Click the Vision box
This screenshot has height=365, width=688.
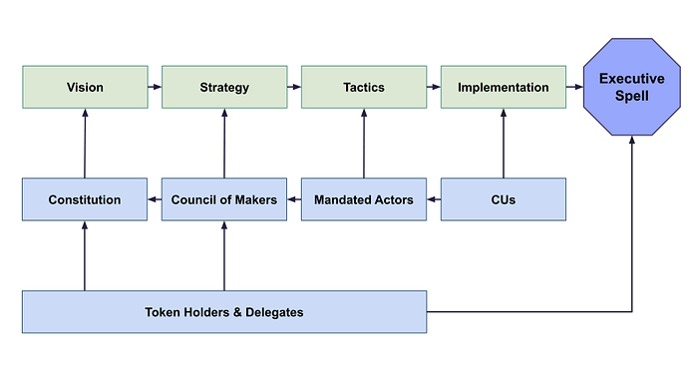point(85,87)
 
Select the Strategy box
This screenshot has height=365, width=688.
point(224,87)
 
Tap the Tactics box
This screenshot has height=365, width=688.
point(364,87)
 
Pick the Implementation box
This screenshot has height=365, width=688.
point(504,87)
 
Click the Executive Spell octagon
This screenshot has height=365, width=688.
point(632,87)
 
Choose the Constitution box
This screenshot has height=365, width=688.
point(85,199)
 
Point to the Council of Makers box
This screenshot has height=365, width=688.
point(224,199)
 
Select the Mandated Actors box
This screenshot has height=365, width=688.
point(364,199)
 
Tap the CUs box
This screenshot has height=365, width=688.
point(504,199)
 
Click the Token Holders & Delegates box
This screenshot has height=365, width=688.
point(224,312)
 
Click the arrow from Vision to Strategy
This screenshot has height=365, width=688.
point(155,87)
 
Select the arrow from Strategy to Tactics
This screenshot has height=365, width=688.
point(294,87)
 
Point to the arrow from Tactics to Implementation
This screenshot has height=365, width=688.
point(434,87)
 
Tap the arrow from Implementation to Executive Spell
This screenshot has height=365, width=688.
point(574,87)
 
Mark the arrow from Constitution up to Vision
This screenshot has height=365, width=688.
point(85,144)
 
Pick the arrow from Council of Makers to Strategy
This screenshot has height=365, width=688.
point(224,144)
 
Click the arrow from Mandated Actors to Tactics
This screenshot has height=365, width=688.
point(364,144)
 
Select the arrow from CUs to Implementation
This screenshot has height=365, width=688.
point(504,144)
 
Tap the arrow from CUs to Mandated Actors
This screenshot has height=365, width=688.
point(434,199)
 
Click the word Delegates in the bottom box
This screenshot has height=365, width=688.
point(274,312)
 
